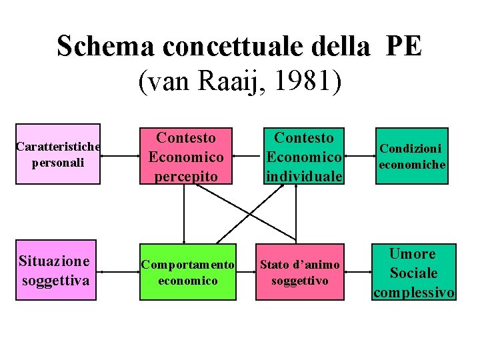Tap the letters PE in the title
(403, 47)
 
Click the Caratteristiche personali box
(58, 154)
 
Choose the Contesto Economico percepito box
(186, 156)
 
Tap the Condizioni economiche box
(411, 156)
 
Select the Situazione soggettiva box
(56, 270)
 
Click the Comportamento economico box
(187, 272)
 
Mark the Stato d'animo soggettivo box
(300, 272)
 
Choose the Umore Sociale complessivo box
(413, 272)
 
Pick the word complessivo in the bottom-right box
(414, 292)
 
